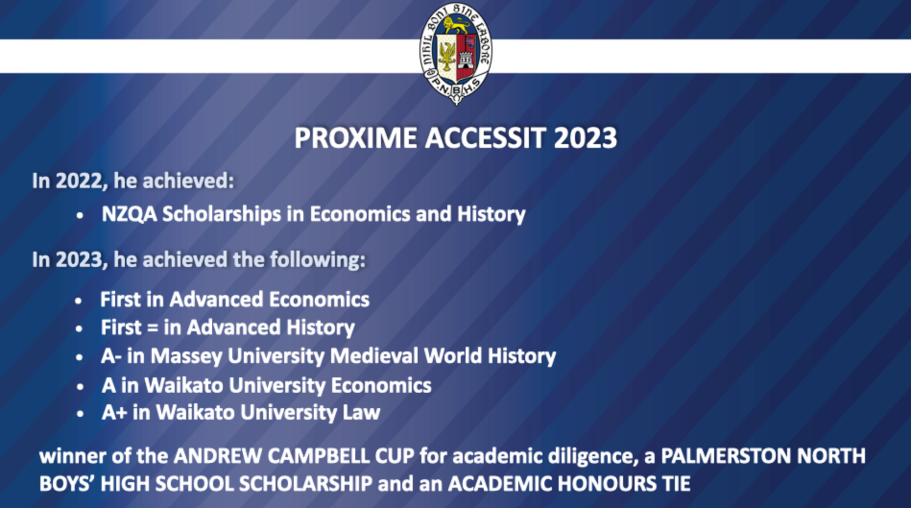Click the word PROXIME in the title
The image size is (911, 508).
click(x=355, y=138)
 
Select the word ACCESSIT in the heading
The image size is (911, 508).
click(x=485, y=138)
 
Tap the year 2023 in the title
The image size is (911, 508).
click(x=585, y=138)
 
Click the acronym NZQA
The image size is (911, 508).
click(x=129, y=214)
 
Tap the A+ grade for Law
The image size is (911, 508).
click(x=114, y=413)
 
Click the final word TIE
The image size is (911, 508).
click(x=676, y=484)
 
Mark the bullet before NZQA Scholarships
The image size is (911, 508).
click(x=80, y=216)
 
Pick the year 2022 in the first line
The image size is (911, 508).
click(x=79, y=181)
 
